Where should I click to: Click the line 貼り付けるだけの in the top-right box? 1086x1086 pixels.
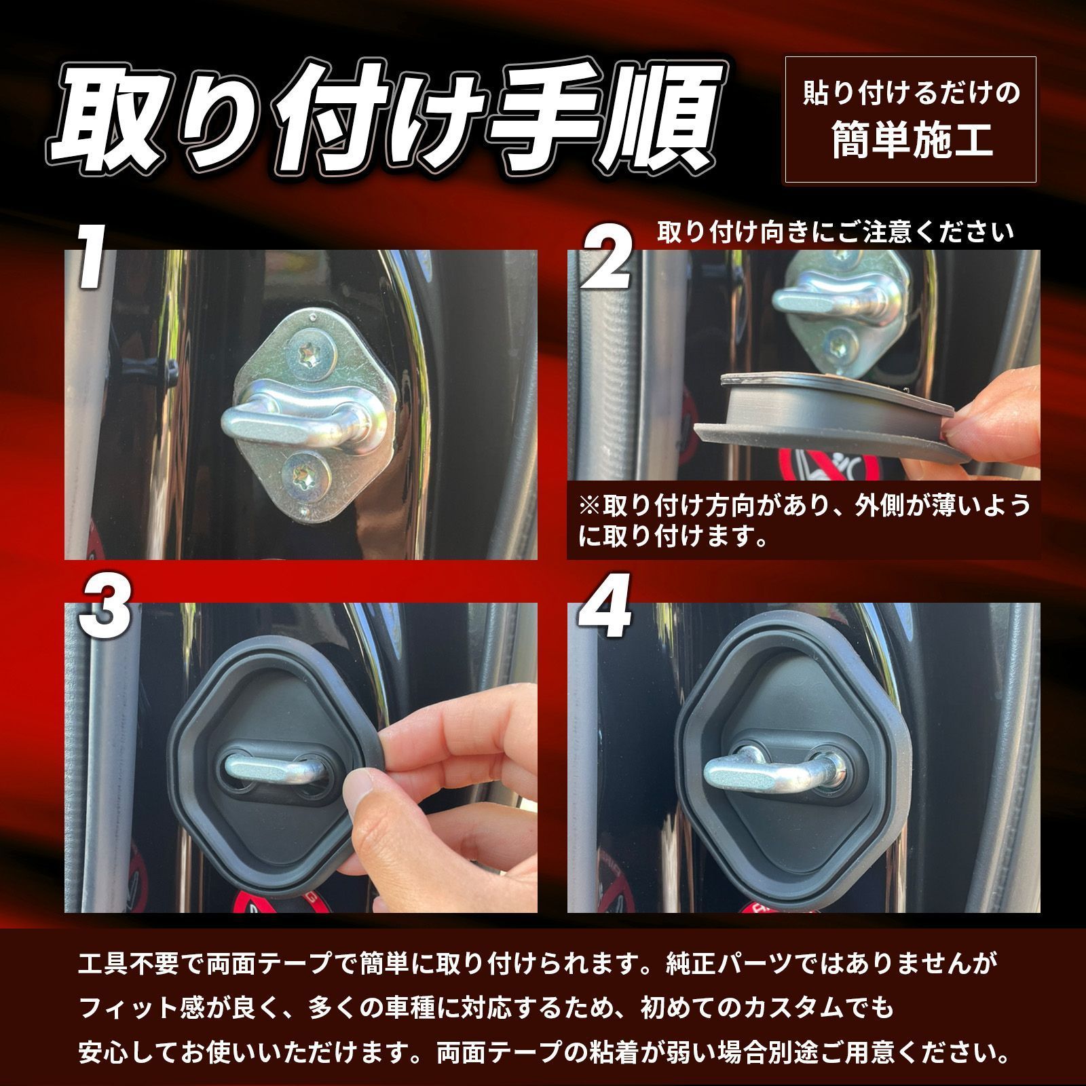[x=912, y=93]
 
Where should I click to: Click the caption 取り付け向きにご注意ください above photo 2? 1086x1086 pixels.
[x=835, y=232]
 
